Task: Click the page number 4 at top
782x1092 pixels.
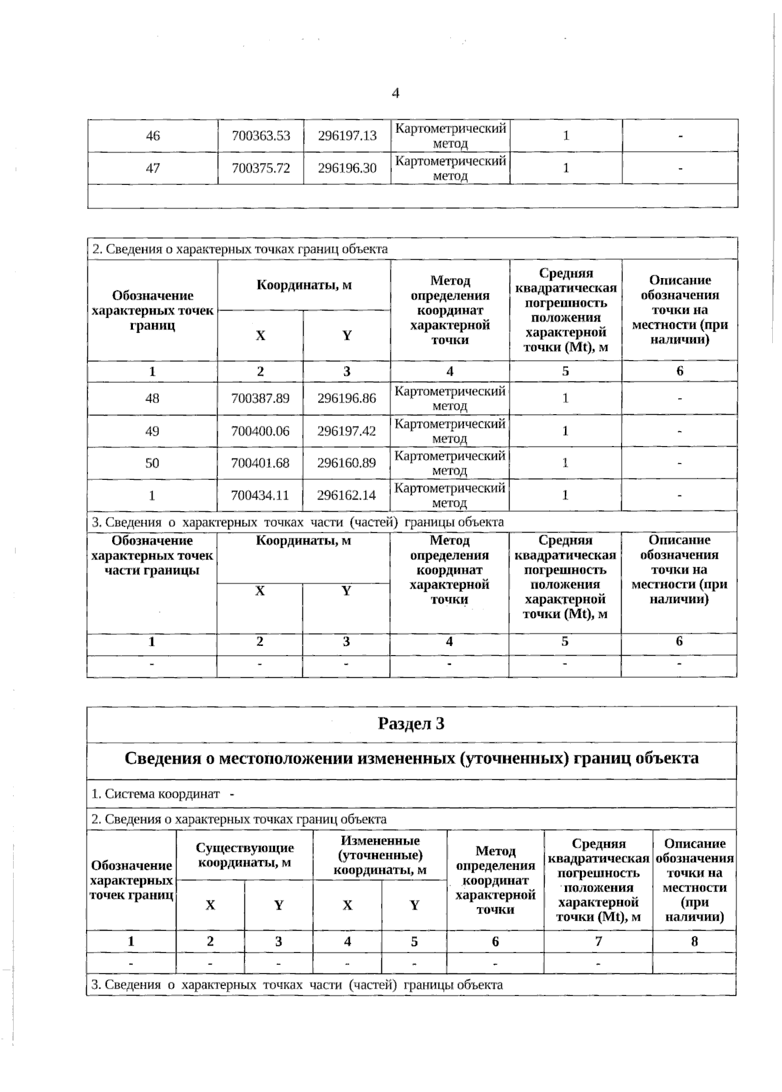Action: click(395, 93)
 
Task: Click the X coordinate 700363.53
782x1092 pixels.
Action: click(261, 135)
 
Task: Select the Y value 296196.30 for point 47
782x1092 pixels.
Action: click(347, 168)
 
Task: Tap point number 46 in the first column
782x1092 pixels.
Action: click(152, 135)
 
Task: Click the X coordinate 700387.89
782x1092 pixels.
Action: click(260, 398)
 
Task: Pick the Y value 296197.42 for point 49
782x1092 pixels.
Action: click(347, 431)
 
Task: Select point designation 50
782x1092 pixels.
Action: click(152, 463)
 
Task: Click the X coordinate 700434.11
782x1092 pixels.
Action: click(260, 495)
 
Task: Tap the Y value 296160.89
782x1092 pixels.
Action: click(347, 463)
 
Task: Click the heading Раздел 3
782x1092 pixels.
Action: click(411, 723)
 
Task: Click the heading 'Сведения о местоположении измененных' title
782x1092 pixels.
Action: click(411, 758)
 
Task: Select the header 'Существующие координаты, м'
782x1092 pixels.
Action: click(244, 855)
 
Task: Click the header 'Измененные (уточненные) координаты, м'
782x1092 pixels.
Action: click(380, 855)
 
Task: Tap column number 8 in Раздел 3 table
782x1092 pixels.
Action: click(694, 941)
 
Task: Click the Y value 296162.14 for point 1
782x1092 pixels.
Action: click(347, 495)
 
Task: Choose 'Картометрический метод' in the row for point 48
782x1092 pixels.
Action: click(450, 398)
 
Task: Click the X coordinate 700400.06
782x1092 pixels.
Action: click(260, 431)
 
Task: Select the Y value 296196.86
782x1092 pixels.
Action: click(347, 398)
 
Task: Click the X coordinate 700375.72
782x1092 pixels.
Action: click(261, 168)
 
